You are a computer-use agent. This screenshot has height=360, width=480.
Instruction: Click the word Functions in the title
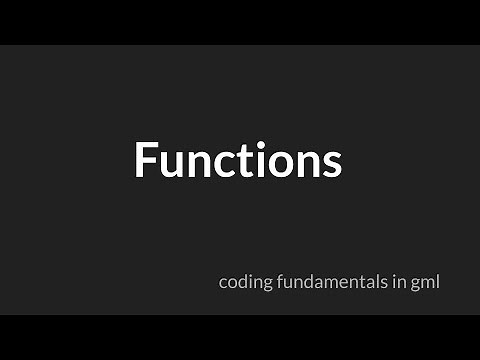[x=238, y=160]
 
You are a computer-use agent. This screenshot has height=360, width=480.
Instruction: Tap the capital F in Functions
[x=146, y=160]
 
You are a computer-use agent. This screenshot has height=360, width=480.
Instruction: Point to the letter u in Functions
[x=172, y=163]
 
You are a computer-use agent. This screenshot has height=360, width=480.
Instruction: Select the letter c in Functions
[x=222, y=163]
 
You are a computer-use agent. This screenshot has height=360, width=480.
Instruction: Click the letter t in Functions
[x=242, y=161]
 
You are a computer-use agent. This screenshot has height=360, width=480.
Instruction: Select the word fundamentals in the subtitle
[x=327, y=282]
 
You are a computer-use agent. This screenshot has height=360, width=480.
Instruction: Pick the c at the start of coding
[x=223, y=284]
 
